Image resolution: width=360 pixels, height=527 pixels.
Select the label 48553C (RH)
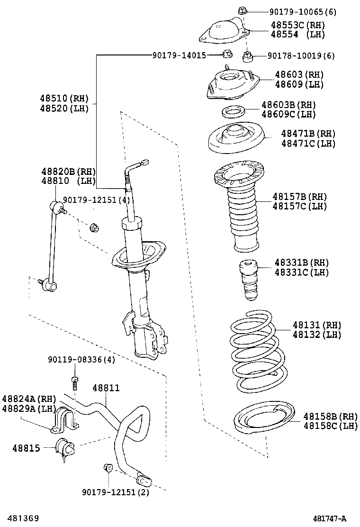297,25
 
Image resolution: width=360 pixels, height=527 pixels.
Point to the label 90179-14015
179,55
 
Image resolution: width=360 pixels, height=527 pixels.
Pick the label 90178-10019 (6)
300,56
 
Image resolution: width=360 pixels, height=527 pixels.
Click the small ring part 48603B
233,112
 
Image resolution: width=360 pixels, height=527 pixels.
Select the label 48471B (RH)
307,134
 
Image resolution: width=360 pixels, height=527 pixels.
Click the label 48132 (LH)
316,335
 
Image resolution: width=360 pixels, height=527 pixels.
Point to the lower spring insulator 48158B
263,420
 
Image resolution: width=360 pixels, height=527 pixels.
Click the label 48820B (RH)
68,172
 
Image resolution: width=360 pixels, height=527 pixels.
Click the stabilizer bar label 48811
106,388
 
